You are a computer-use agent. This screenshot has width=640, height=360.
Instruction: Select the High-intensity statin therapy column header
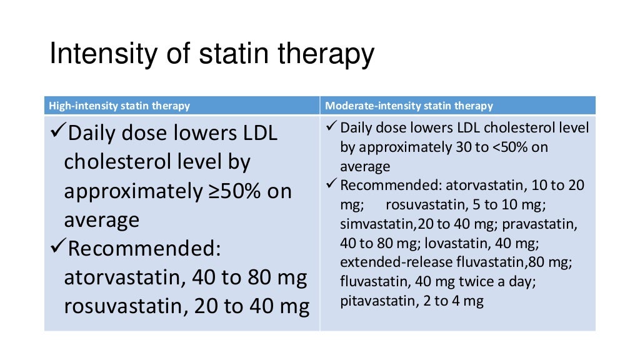[x=119, y=106]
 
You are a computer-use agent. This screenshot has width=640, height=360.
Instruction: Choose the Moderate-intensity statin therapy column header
[x=409, y=106]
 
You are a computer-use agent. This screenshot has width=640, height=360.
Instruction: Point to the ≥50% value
[x=238, y=191]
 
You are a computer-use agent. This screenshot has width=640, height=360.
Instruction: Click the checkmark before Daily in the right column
[x=332, y=128]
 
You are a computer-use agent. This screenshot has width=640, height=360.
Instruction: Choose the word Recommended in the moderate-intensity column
[x=377, y=186]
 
